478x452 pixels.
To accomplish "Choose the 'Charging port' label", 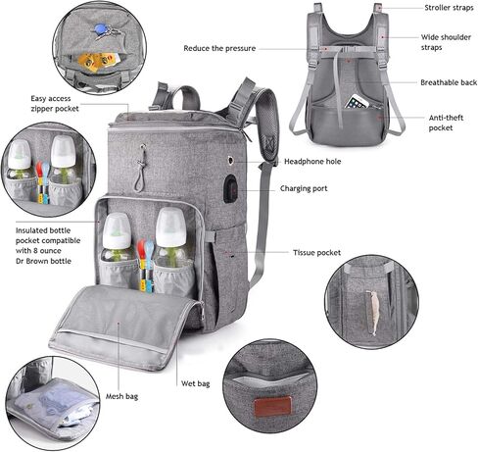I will (x=304, y=188).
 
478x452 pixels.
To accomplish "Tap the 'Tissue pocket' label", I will (x=316, y=253).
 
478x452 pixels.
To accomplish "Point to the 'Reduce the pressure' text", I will (x=219, y=47).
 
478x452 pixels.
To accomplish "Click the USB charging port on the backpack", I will (x=230, y=187).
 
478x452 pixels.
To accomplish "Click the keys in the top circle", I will (x=104, y=31).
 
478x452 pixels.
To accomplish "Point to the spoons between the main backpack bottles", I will (x=144, y=262).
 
